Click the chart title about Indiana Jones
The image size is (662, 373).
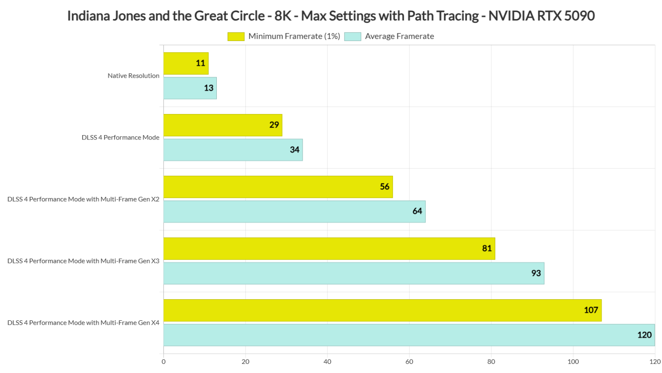tap(331, 16)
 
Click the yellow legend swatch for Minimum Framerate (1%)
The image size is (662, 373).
tap(236, 37)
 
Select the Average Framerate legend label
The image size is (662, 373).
tap(399, 37)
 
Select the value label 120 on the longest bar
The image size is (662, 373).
tap(644, 335)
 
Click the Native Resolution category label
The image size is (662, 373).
tap(133, 76)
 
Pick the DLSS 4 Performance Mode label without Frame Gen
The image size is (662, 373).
tap(120, 138)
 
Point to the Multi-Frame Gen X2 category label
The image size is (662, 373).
tap(83, 199)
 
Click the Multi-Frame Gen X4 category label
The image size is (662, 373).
tap(83, 323)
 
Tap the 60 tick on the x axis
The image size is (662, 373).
tap(409, 362)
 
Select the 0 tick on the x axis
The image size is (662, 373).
tap(163, 362)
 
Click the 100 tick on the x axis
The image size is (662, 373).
tap(573, 362)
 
